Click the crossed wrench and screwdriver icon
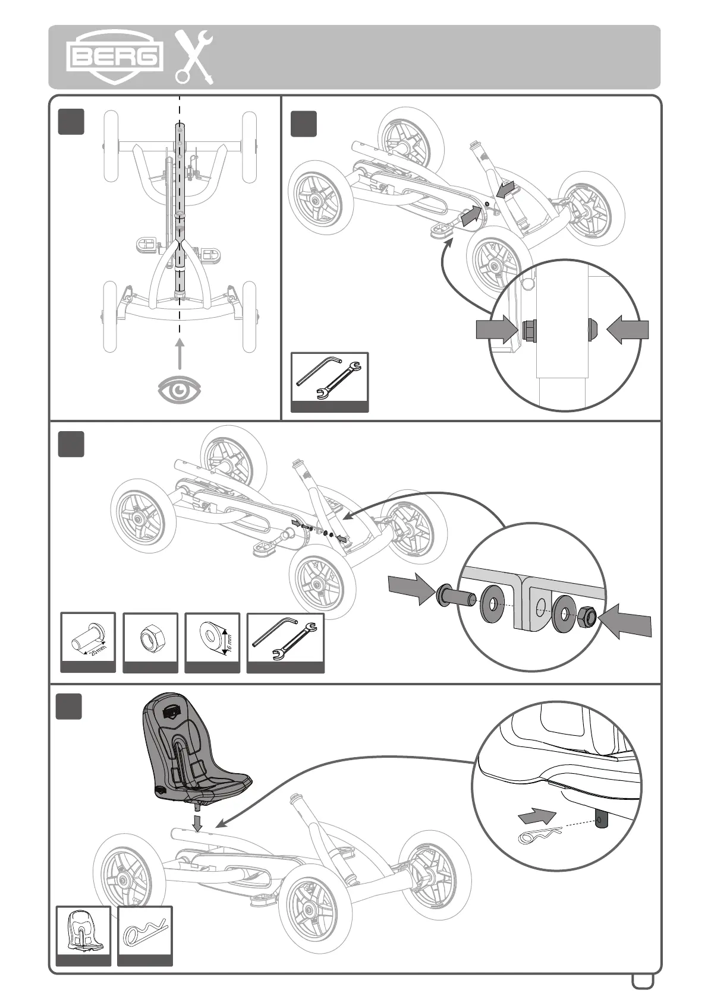[x=194, y=57]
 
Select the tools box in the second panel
[x=329, y=382]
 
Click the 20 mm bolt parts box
[x=88, y=643]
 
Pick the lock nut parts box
[x=150, y=643]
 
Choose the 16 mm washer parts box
[x=212, y=643]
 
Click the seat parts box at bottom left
[x=83, y=935]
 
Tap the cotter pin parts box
[x=145, y=935]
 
